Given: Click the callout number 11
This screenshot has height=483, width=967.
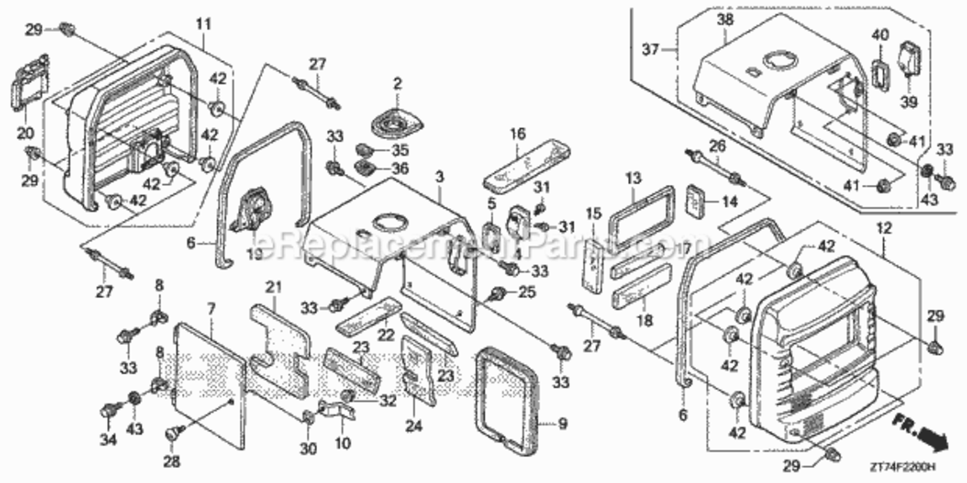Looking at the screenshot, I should click(204, 25).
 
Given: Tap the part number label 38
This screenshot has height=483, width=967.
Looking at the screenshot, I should click(725, 19).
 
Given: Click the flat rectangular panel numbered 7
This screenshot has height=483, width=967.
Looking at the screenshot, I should click(210, 383).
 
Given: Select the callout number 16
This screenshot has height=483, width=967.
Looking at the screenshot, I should click(518, 135).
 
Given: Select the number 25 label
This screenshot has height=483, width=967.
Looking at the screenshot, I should click(527, 293).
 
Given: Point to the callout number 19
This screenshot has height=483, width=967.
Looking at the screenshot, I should click(253, 254).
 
